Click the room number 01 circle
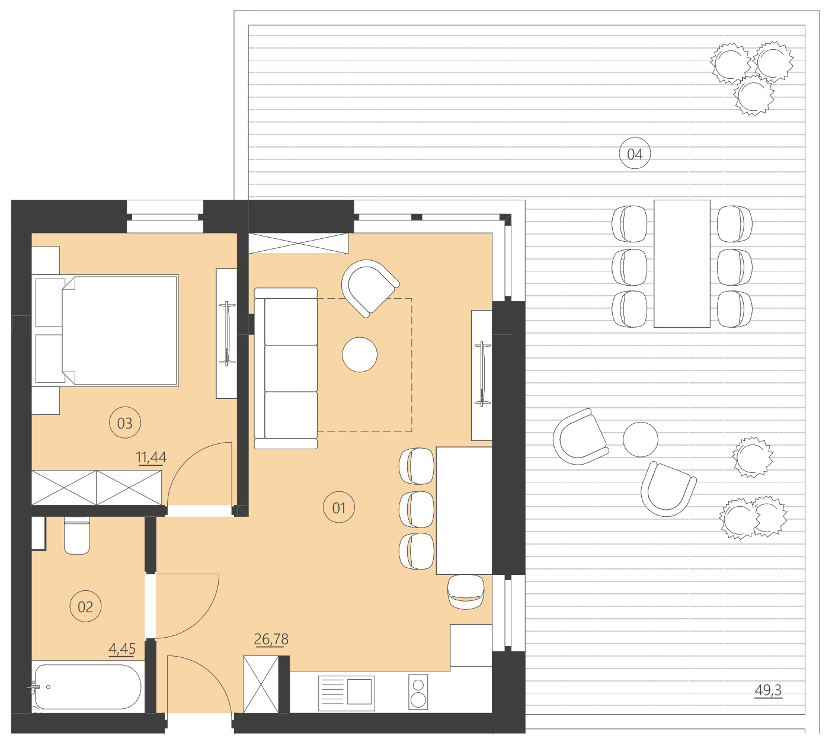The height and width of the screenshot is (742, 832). [339, 508]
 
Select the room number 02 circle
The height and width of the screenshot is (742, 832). [85, 607]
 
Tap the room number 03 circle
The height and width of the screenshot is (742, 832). [124, 423]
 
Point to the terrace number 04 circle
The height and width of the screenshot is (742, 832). [635, 154]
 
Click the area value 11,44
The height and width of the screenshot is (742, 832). [151, 458]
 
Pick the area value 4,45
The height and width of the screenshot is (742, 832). [122, 649]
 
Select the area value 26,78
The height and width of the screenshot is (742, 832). [271, 639]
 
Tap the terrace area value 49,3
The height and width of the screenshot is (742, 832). [768, 690]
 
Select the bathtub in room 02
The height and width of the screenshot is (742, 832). [87, 687]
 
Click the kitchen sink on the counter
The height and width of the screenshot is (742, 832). [347, 693]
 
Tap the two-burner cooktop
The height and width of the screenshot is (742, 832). [418, 692]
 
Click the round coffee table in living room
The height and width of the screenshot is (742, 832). [360, 354]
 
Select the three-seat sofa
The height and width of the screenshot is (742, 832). [286, 368]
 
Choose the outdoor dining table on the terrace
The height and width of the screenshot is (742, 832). [681, 264]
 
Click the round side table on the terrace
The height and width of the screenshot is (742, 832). [640, 439]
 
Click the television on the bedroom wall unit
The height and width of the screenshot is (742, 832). [227, 333]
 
